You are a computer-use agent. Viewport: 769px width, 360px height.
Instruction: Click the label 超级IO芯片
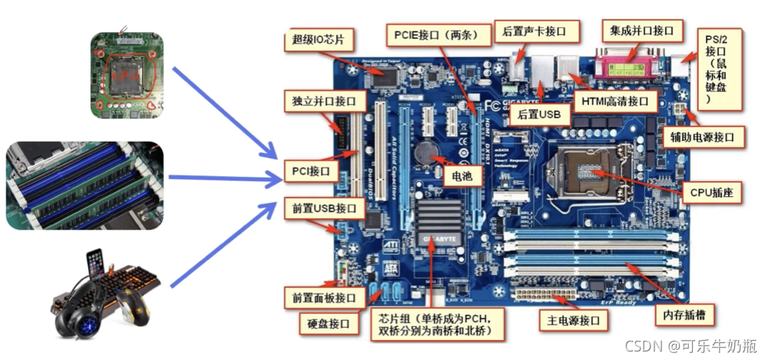coord(318,38)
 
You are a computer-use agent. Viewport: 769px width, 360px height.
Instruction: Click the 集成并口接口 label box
coord(641,31)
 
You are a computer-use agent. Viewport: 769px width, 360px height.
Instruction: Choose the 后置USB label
coord(539,115)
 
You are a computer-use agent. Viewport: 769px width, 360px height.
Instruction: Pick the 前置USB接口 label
coord(324,208)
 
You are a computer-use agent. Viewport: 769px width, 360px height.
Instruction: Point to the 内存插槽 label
coord(684,314)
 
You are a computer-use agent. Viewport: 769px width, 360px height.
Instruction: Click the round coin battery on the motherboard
coord(425,152)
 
